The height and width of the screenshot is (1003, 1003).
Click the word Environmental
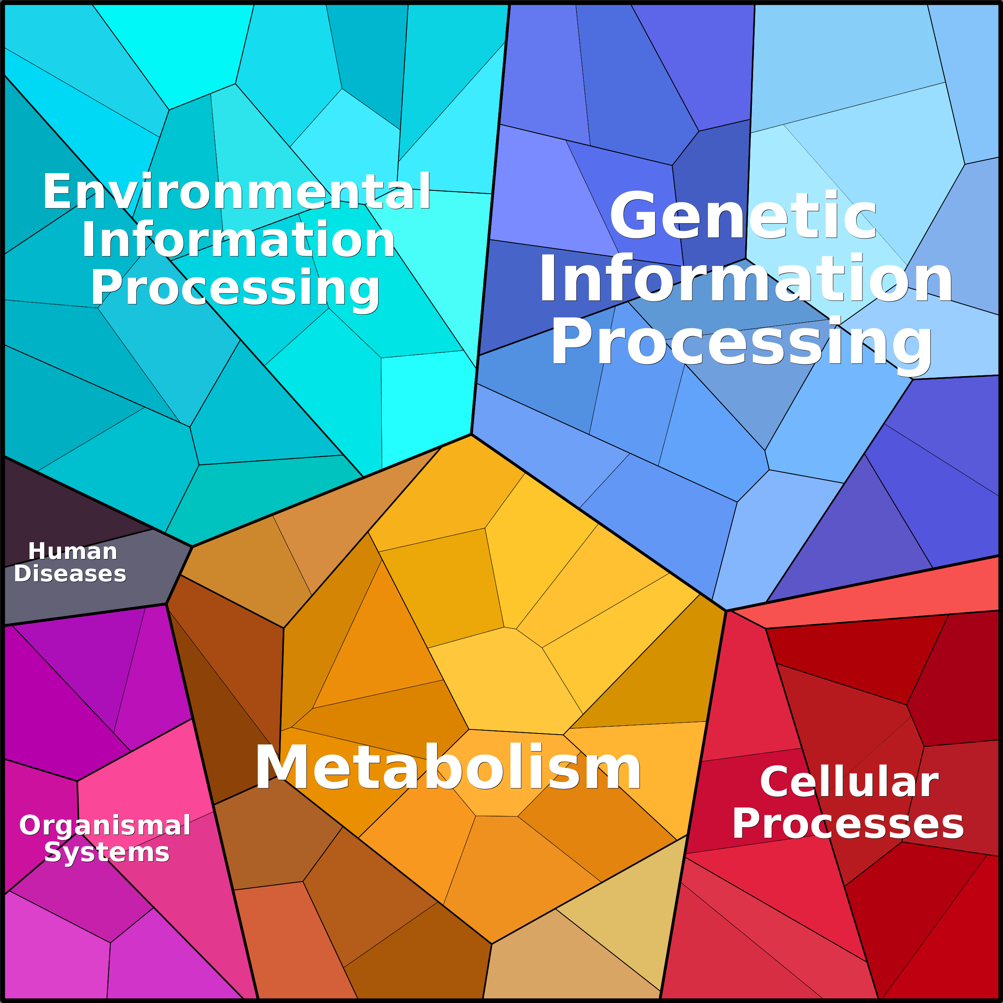point(237,192)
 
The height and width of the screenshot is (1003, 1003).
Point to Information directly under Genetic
point(745,278)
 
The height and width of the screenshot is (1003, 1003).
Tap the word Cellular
point(849,782)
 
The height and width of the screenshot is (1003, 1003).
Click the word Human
point(73,551)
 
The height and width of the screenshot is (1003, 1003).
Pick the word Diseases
point(70,574)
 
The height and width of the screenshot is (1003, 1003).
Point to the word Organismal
point(105,825)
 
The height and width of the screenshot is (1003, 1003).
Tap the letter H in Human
point(37,551)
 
